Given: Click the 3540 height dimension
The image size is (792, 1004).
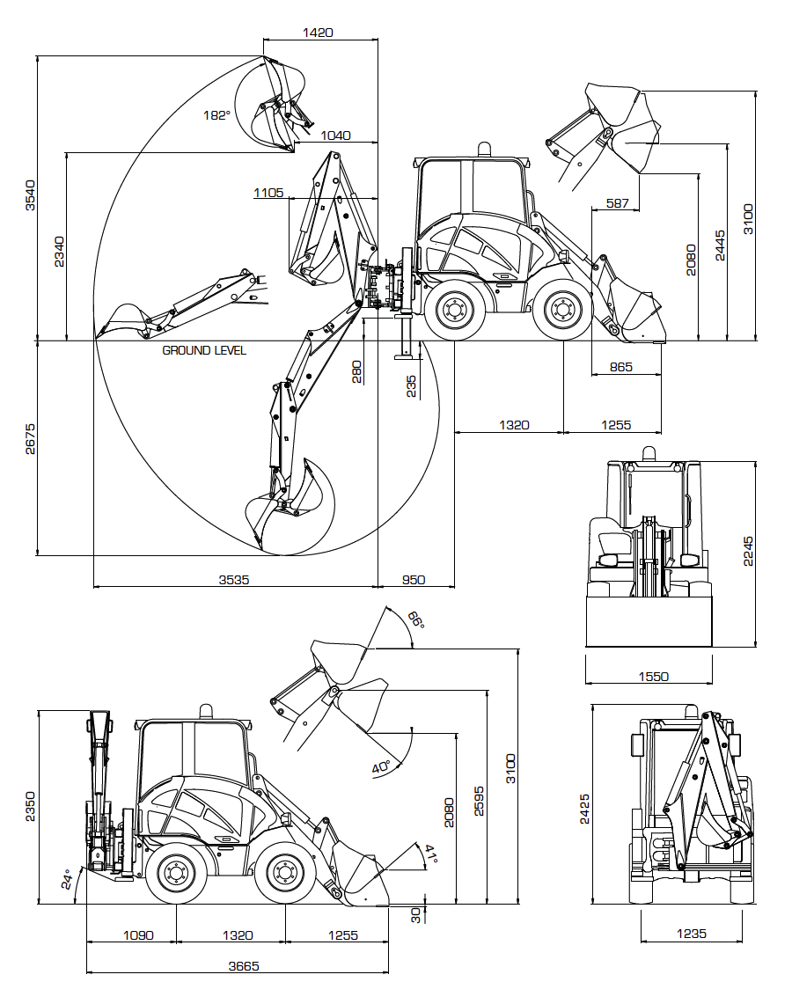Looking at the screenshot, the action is (x=30, y=195).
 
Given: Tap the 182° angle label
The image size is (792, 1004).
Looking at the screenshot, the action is (x=216, y=115).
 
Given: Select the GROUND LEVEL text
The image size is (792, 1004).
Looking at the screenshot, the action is (x=204, y=350).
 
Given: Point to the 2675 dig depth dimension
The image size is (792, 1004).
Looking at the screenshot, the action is (x=30, y=438).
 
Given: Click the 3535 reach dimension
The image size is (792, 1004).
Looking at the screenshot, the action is (x=234, y=580).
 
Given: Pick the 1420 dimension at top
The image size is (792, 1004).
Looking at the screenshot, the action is (x=318, y=32).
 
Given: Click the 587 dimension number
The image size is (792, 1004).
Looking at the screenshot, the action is (x=617, y=203).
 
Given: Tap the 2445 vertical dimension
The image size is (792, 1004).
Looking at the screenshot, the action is (x=720, y=246).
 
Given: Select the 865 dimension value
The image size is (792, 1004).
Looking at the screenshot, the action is (x=621, y=367).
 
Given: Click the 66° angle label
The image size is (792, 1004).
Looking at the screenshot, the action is (x=416, y=619).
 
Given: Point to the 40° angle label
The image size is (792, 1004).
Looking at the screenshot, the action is (x=381, y=767).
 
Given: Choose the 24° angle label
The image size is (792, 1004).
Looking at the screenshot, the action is (x=67, y=879).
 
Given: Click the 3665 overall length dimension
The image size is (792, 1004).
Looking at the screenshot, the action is (x=244, y=965).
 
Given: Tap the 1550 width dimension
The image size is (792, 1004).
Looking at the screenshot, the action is (x=653, y=676).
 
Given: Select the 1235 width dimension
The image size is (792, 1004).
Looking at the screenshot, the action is (x=692, y=934).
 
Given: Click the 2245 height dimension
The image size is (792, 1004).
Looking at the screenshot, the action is (x=748, y=552).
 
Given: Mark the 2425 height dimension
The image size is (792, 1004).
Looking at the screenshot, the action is (x=584, y=810).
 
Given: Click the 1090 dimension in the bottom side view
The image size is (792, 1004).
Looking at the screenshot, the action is (x=138, y=934).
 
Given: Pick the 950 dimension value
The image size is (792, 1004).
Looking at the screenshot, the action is (x=414, y=580).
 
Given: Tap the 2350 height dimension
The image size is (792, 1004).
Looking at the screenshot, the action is (x=30, y=807).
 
